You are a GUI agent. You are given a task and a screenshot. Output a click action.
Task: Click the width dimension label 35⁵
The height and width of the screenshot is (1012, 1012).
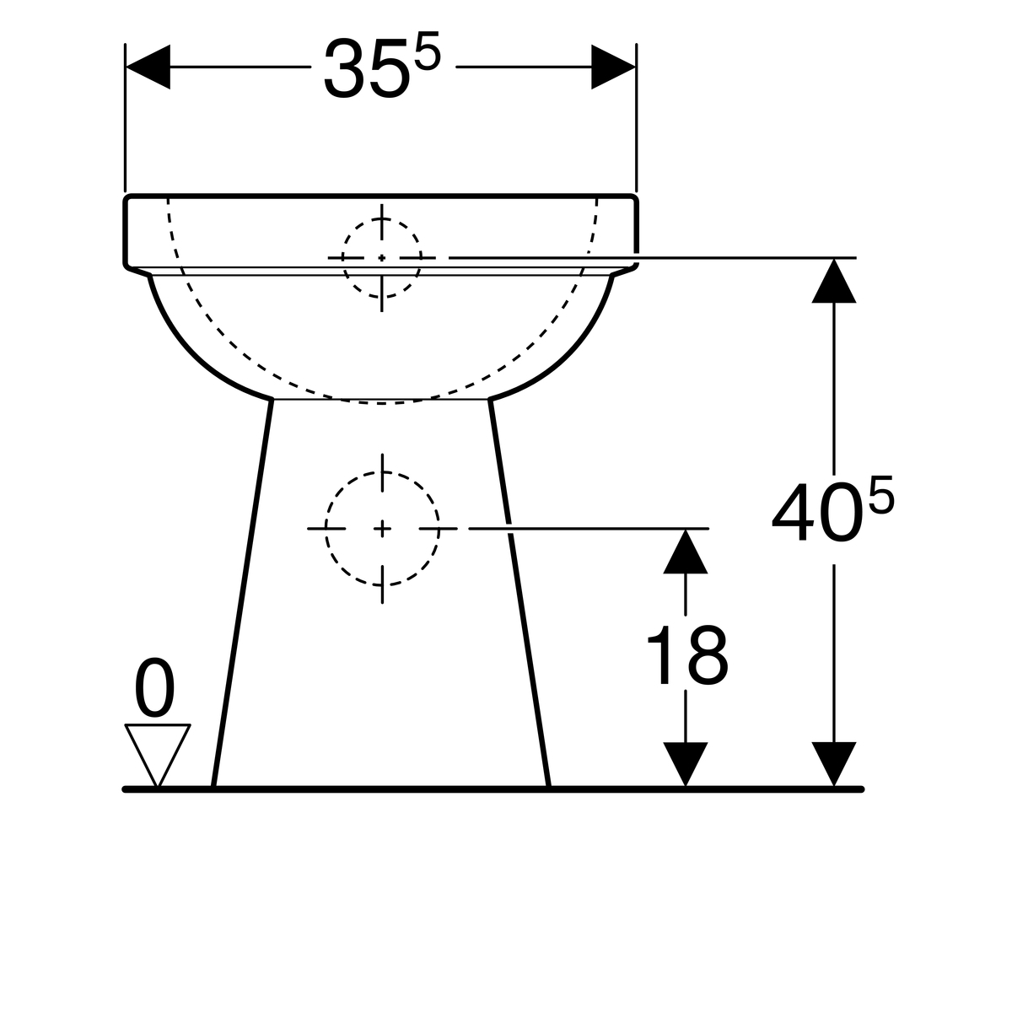pyautogui.click(x=381, y=67)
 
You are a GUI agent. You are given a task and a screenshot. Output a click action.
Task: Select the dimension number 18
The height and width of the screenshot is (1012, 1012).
pyautogui.click(x=686, y=656)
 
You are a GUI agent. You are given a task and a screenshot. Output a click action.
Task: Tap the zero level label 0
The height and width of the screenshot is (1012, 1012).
pyautogui.click(x=156, y=690)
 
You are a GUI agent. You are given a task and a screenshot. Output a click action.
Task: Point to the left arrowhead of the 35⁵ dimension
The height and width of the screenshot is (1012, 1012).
pyautogui.click(x=148, y=67)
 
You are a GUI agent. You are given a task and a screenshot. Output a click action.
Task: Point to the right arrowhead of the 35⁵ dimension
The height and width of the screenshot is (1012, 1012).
pyautogui.click(x=612, y=67)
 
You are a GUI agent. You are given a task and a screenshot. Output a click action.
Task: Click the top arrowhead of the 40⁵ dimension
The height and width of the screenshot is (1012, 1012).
pyautogui.click(x=834, y=280)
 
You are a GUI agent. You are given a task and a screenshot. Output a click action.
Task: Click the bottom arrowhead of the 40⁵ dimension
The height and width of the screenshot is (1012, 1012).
pyautogui.click(x=834, y=764)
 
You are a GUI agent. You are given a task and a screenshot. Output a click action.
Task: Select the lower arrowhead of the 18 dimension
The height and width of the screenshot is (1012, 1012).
pyautogui.click(x=685, y=764)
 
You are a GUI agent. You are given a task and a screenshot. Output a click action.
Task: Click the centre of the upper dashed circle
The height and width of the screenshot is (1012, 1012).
pyautogui.click(x=381, y=257)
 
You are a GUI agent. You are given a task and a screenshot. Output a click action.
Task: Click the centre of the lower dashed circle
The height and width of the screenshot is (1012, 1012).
pyautogui.click(x=382, y=529)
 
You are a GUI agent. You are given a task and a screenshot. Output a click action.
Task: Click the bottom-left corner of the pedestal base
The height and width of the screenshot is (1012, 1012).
pyautogui.click(x=213, y=786)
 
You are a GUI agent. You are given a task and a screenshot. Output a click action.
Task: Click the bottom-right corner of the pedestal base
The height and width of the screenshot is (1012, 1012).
pyautogui.click(x=549, y=786)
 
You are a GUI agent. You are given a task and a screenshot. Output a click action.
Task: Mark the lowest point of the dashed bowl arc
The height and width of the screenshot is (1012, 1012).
pyautogui.click(x=381, y=403)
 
